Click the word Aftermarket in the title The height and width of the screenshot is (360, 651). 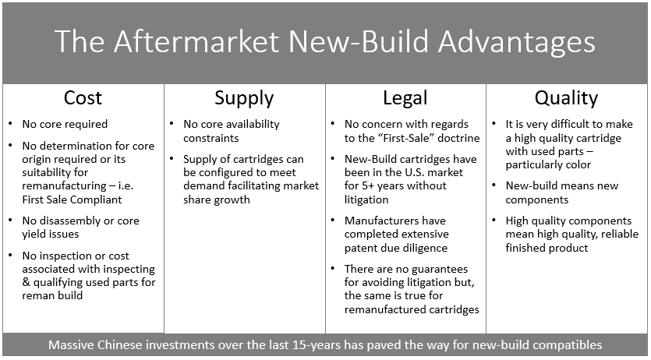click(x=197, y=41)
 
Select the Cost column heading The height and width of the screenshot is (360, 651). click(x=83, y=98)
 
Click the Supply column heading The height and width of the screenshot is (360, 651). click(x=244, y=98)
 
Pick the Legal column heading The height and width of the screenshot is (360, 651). click(x=405, y=98)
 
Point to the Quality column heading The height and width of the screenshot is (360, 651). click(x=566, y=98)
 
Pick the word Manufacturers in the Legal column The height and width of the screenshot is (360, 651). click(x=379, y=221)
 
